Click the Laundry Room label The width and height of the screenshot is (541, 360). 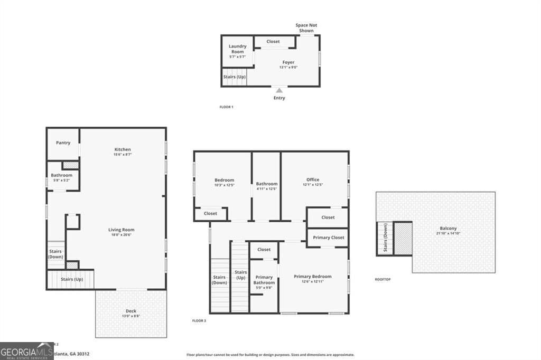coord(237,49)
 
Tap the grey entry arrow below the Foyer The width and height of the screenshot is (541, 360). coord(279,90)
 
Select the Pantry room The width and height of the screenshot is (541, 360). coord(63,143)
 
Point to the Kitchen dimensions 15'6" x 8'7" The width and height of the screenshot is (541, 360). coord(122,155)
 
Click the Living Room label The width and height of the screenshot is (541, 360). coord(122,230)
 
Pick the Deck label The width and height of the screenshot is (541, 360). coord(130,311)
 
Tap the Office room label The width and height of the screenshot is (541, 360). coord(313,179)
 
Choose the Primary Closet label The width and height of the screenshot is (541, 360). coord(328,238)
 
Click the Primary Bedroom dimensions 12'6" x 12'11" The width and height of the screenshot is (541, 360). coord(312,282)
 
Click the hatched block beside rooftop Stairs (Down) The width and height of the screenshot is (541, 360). coord(403,239)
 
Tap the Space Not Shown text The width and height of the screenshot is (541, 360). coord(306,28)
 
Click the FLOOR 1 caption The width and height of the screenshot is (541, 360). coord(226,107)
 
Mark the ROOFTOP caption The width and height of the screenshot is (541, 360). coord(383,279)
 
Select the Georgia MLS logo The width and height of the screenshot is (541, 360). coord(26,351)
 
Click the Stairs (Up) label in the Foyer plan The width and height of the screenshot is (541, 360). coord(235,77)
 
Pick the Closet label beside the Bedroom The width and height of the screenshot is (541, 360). coord(210,214)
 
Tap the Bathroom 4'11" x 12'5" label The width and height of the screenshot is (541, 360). coord(267,186)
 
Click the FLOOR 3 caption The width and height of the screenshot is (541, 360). coord(199,320)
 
